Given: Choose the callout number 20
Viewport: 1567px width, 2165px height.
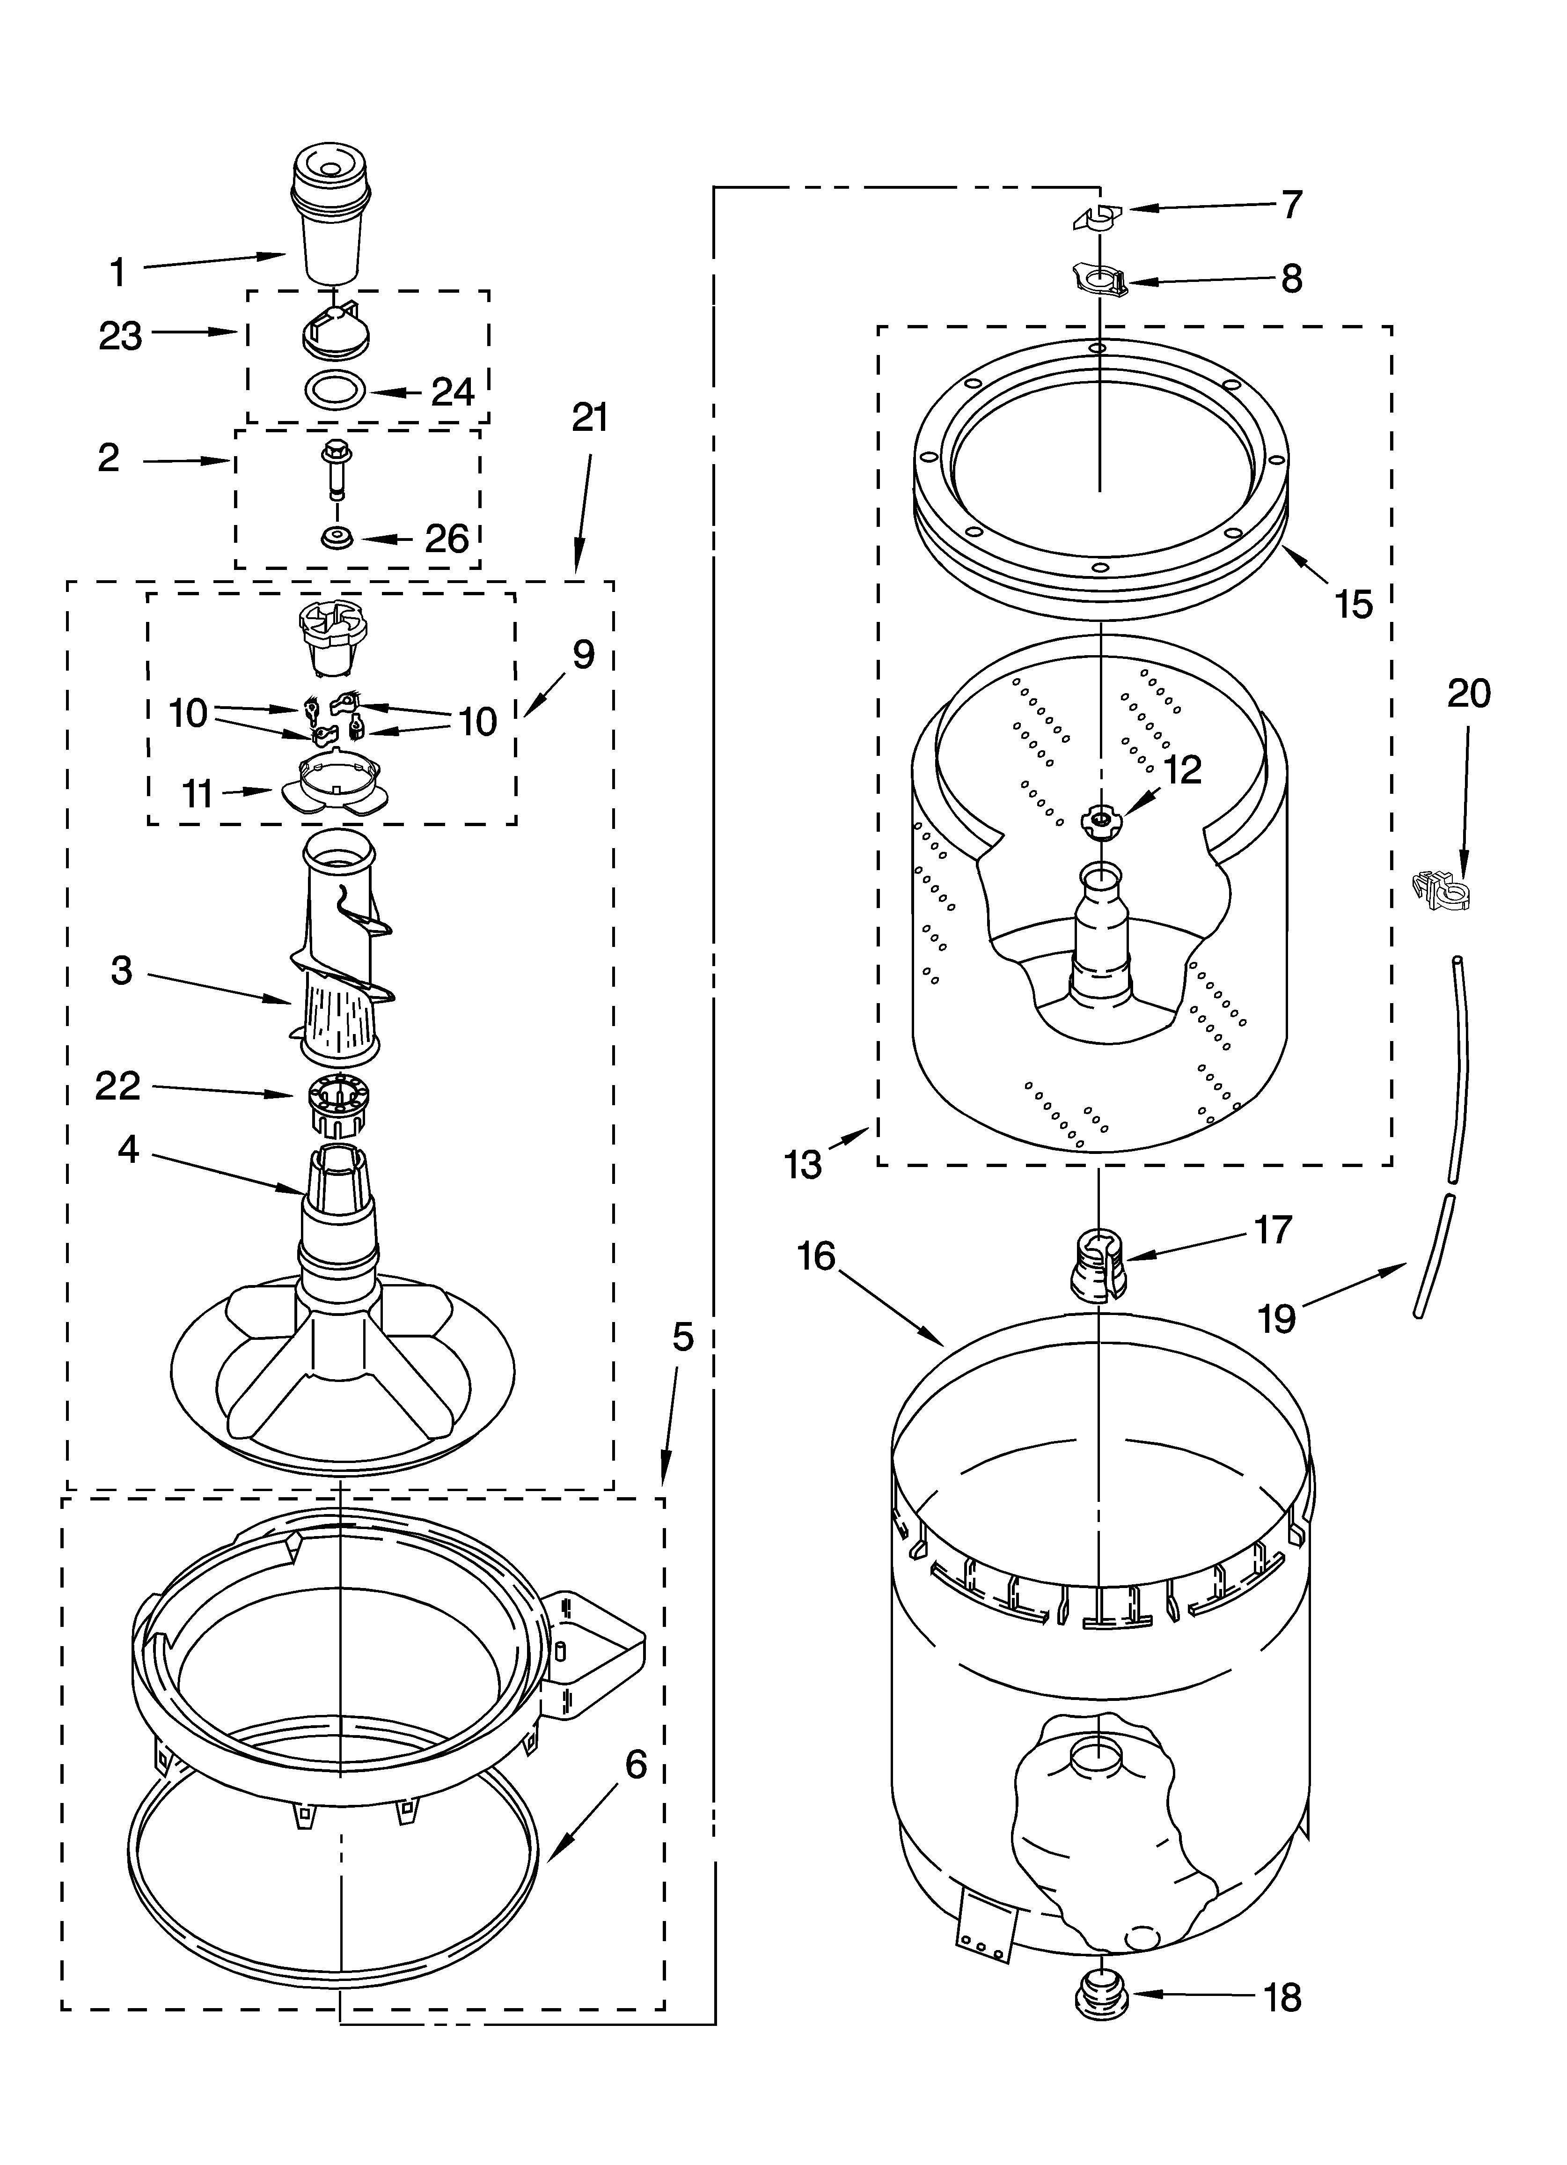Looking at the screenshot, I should [x=1468, y=694].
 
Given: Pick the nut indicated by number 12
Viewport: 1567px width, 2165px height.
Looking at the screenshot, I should [x=1099, y=820].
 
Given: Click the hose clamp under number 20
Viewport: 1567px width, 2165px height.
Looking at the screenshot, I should [x=1443, y=891].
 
